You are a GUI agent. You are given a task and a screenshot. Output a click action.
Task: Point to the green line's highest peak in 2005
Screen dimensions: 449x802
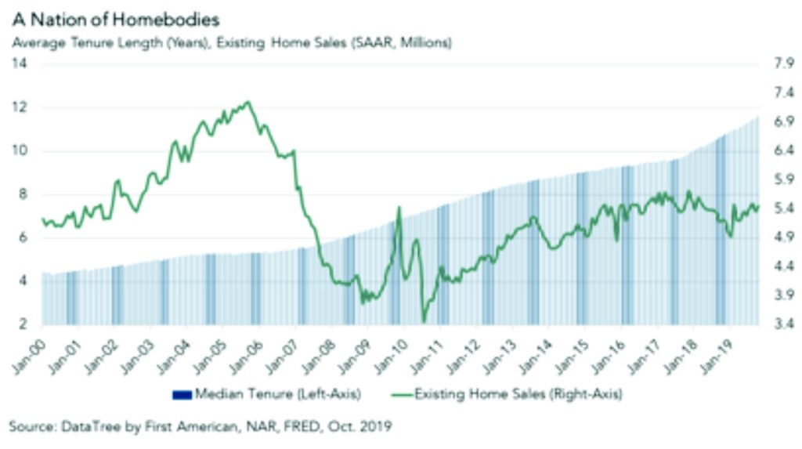(x=247, y=102)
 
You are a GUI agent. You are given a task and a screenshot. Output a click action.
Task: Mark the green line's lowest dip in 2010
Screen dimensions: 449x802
(x=424, y=320)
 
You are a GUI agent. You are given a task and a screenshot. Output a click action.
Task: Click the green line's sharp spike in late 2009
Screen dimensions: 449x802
(x=399, y=208)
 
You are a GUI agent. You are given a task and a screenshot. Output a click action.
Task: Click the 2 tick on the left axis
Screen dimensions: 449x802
(x=22, y=324)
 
